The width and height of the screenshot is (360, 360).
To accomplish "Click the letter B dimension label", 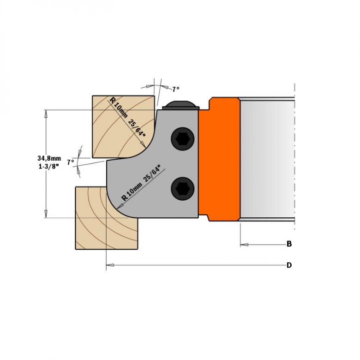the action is (289, 244).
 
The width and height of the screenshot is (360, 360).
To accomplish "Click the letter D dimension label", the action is (289, 265).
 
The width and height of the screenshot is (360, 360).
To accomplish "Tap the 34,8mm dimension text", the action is (49, 158).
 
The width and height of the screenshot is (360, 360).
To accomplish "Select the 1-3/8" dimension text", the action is (48, 167).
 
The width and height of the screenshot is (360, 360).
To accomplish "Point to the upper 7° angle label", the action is (176, 89).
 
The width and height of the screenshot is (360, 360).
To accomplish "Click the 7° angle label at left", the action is (71, 162).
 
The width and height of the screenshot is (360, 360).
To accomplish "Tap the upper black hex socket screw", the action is (182, 139).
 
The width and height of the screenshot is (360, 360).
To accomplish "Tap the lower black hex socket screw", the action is (182, 188).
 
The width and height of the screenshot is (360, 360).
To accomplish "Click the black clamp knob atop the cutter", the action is (180, 105).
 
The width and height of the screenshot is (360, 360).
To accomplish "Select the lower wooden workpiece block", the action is (106, 218).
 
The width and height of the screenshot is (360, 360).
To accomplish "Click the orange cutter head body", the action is (219, 159).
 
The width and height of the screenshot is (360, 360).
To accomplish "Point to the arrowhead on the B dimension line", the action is (244, 245).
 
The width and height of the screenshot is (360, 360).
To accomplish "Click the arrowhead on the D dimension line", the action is (110, 265).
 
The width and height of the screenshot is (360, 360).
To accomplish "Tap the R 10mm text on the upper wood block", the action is (118, 107).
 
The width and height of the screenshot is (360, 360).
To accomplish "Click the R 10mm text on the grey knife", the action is (132, 192).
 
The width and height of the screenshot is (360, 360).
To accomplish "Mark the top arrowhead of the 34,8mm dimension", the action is (46, 114).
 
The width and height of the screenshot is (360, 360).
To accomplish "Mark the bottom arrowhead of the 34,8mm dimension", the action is (46, 214).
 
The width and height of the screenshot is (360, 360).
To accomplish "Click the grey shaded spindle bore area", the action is (267, 159).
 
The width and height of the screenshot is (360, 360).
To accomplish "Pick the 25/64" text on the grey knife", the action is (155, 175).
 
